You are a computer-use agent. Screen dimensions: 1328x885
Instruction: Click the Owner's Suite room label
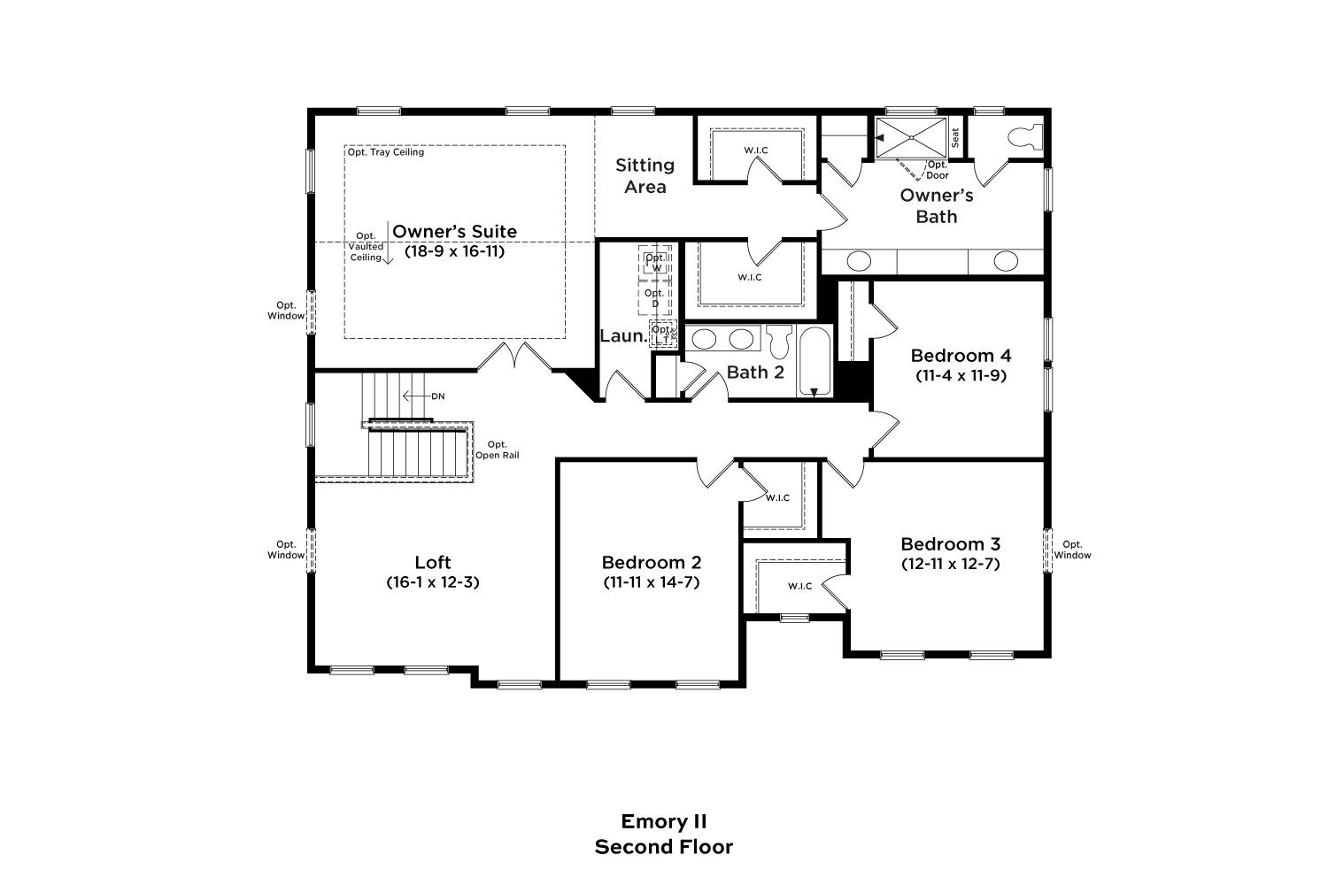pyautogui.click(x=455, y=231)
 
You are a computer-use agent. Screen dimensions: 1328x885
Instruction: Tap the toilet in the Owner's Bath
pyautogui.click(x=1025, y=136)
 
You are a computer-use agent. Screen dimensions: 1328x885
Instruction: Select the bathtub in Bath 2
pyautogui.click(x=815, y=361)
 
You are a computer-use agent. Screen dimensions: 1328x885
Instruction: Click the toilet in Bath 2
pyautogui.click(x=778, y=341)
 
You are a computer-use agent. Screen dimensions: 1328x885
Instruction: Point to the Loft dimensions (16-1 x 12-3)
pyautogui.click(x=433, y=582)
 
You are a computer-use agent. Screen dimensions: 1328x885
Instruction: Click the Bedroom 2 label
pyautogui.click(x=652, y=562)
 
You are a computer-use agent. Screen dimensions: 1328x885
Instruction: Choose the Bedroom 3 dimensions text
pyautogui.click(x=950, y=563)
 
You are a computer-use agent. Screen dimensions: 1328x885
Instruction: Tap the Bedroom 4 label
pyautogui.click(x=961, y=356)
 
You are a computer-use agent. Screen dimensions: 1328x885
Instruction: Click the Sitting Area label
pyautogui.click(x=645, y=175)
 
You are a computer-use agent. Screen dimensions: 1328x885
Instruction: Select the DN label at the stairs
pyautogui.click(x=438, y=396)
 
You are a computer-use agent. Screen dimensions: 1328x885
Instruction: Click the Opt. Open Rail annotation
pyautogui.click(x=498, y=450)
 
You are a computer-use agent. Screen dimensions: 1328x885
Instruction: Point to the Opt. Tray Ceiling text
pyautogui.click(x=386, y=151)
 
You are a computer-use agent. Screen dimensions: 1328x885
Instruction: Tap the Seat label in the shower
pyautogui.click(x=955, y=137)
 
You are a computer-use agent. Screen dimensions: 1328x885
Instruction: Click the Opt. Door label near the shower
pyautogui.click(x=938, y=170)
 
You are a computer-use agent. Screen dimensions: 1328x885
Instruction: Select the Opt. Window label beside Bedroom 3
pyautogui.click(x=1072, y=550)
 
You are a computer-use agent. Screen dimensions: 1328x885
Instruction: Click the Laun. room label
pyautogui.click(x=623, y=336)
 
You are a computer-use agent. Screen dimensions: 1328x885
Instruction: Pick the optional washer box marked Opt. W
pyautogui.click(x=655, y=261)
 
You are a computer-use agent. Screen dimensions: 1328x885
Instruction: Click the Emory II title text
pyautogui.click(x=664, y=821)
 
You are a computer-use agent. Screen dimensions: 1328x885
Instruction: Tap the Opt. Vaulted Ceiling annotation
pyautogui.click(x=366, y=247)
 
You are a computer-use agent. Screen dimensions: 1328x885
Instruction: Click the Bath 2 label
pyautogui.click(x=755, y=373)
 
